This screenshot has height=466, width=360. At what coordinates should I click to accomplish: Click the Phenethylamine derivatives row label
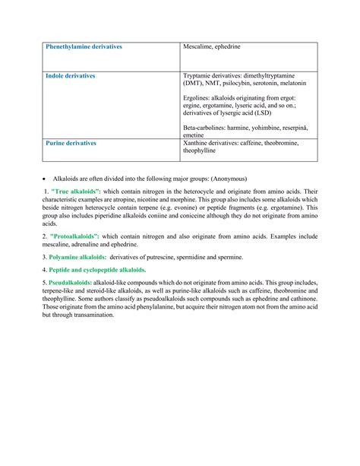point(84,47)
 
